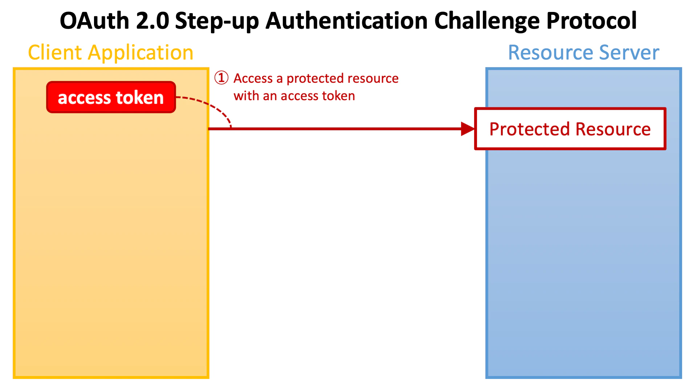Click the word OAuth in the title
point(94,21)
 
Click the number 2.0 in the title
point(152,21)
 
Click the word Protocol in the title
point(592,21)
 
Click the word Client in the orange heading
point(55,53)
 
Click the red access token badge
point(111,97)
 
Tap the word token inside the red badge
point(140,98)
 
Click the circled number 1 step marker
point(221,78)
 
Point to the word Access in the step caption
point(253,78)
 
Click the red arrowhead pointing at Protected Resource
point(468,129)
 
